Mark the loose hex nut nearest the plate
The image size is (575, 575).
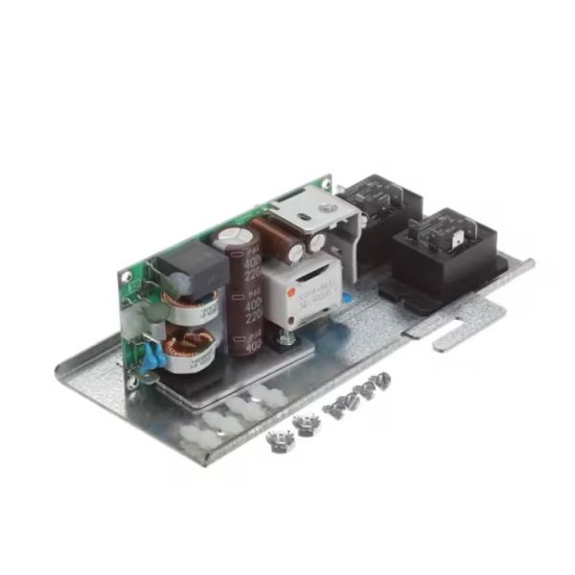[x=308, y=425]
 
